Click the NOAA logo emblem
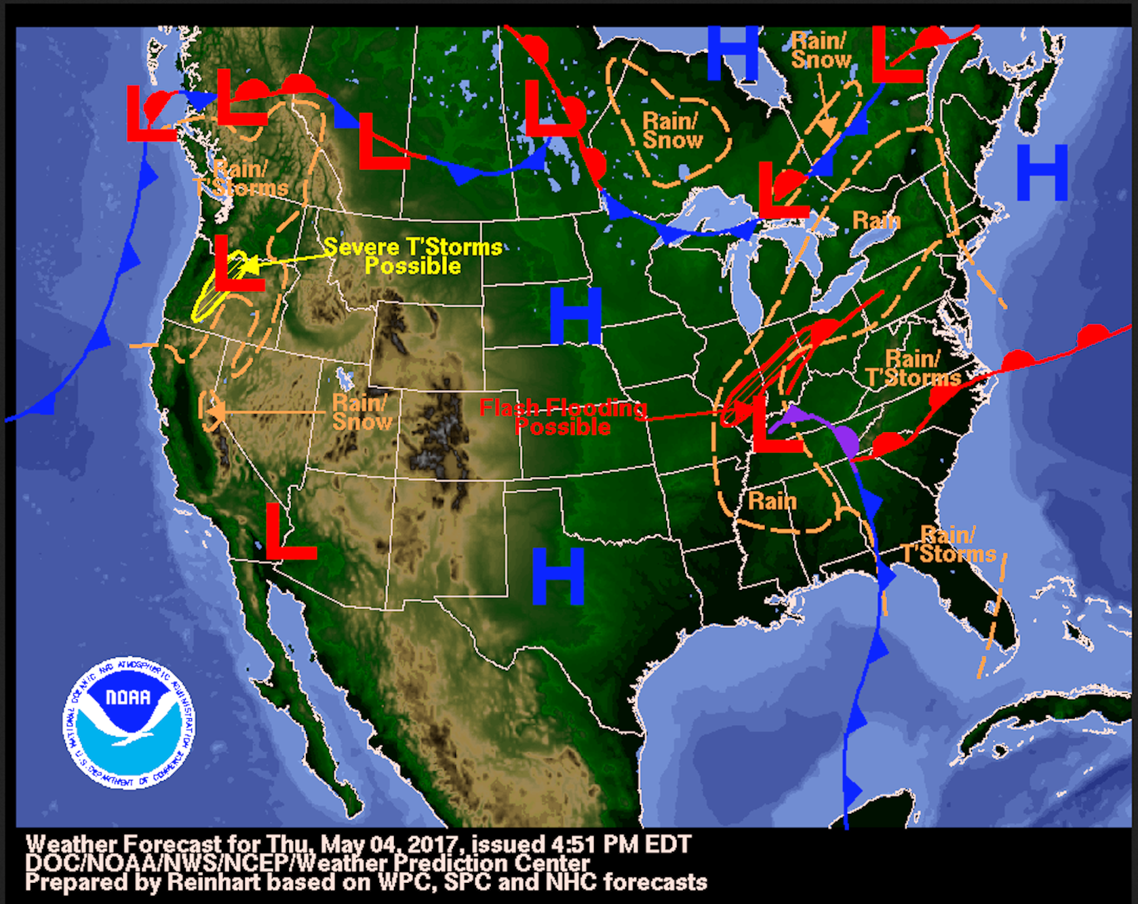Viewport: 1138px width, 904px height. pos(129,723)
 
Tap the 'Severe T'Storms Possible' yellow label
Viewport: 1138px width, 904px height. pos(412,256)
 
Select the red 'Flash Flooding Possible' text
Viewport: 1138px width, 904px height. pos(562,416)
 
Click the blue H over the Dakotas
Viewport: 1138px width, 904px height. pos(575,315)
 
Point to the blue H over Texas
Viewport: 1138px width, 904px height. pos(557,576)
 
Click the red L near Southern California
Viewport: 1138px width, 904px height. pos(288,532)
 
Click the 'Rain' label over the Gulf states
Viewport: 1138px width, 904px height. pos(772,501)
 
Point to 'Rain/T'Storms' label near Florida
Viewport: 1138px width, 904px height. pos(949,545)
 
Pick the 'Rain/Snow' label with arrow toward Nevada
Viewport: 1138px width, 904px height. pos(361,412)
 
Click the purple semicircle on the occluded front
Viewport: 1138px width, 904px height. pos(846,441)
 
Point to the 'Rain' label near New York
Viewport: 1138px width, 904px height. pos(876,220)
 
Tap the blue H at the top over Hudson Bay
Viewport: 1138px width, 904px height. pos(732,54)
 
